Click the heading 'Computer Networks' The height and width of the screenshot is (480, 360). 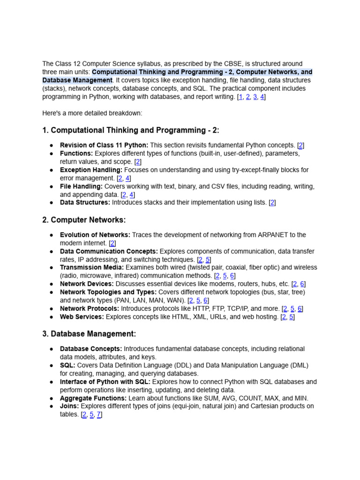[88, 220]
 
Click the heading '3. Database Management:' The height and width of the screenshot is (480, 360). [89, 334]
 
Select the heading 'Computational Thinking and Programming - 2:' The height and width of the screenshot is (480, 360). [131, 130]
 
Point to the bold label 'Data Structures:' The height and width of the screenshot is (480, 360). [85, 202]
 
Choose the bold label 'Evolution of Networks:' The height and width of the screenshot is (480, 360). [95, 235]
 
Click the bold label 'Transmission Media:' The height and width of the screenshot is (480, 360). [92, 267]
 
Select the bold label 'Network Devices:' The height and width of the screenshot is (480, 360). [87, 284]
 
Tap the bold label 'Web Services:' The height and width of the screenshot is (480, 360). [82, 317]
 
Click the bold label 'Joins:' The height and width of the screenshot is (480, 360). [69, 406]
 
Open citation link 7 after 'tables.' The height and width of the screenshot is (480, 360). [98, 414]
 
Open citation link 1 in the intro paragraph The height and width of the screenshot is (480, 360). [240, 97]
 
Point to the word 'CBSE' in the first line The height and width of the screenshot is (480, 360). [233, 64]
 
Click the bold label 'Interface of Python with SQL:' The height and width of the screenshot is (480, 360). [105, 382]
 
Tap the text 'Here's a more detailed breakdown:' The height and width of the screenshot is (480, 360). [92, 113]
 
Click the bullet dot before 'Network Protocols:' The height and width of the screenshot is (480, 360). [51, 309]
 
